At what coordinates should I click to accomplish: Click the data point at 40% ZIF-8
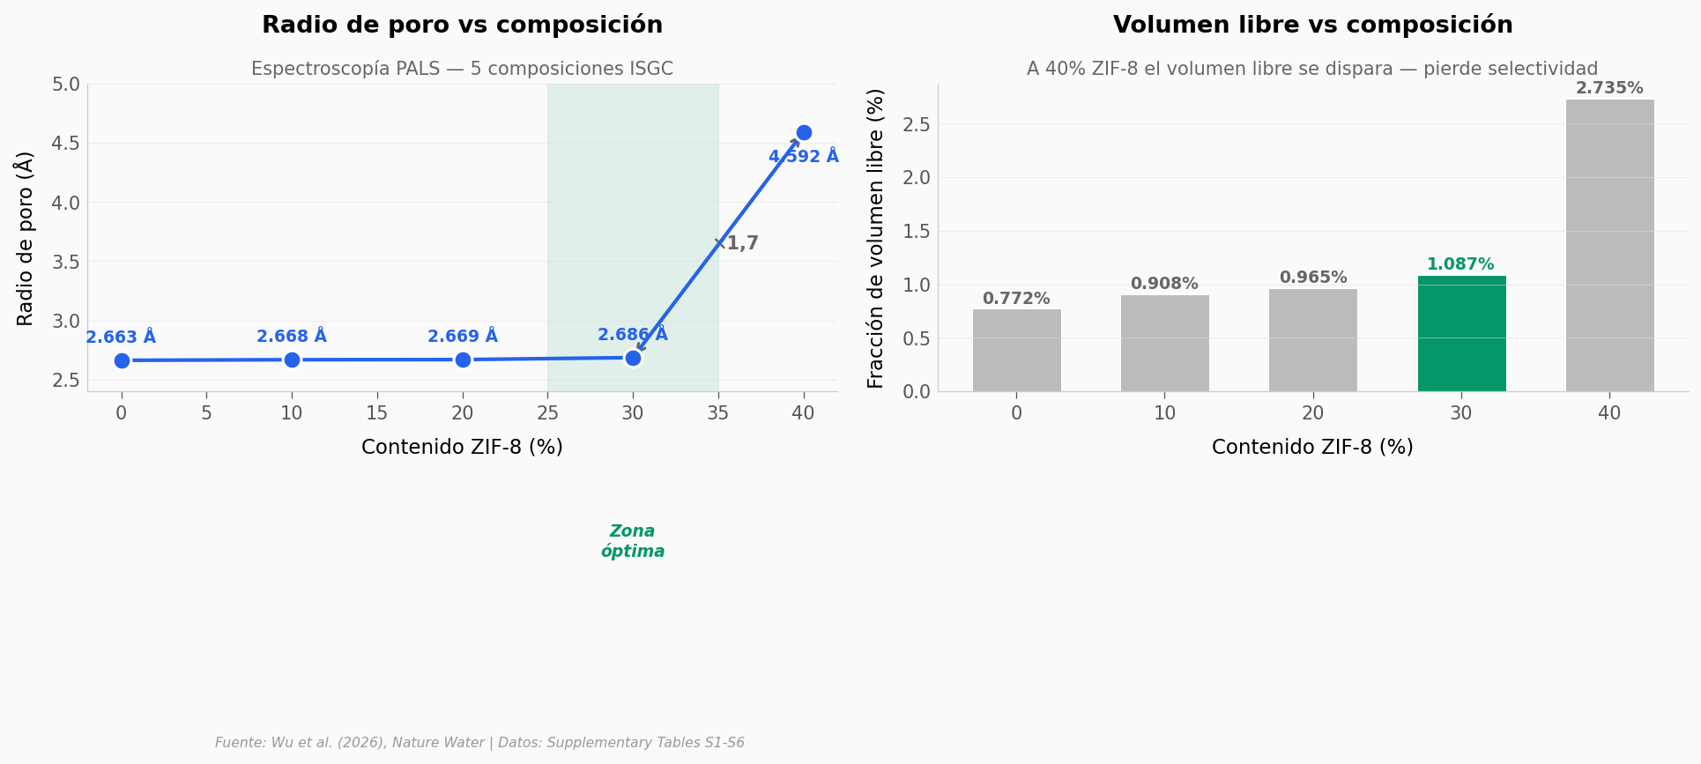803,133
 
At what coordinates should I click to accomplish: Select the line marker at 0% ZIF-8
122,360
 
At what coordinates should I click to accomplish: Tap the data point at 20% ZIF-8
463,360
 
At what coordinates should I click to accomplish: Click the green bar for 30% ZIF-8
1461,334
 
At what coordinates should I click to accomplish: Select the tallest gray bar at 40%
1609,246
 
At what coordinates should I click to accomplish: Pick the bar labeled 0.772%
1016,351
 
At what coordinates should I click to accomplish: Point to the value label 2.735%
1609,88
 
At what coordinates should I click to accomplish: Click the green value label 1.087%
1460,264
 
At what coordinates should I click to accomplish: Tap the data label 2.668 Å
292,336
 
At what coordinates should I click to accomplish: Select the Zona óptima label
633,541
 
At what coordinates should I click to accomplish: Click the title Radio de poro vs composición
462,26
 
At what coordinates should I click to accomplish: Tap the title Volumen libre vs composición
1312,26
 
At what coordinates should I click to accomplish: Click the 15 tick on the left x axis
377,413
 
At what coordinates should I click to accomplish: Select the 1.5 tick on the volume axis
917,232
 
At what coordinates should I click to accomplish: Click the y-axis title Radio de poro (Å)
25,238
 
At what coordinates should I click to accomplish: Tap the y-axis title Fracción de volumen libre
875,238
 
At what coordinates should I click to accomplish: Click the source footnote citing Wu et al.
479,743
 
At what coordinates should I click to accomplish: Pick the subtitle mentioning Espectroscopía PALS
462,69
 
